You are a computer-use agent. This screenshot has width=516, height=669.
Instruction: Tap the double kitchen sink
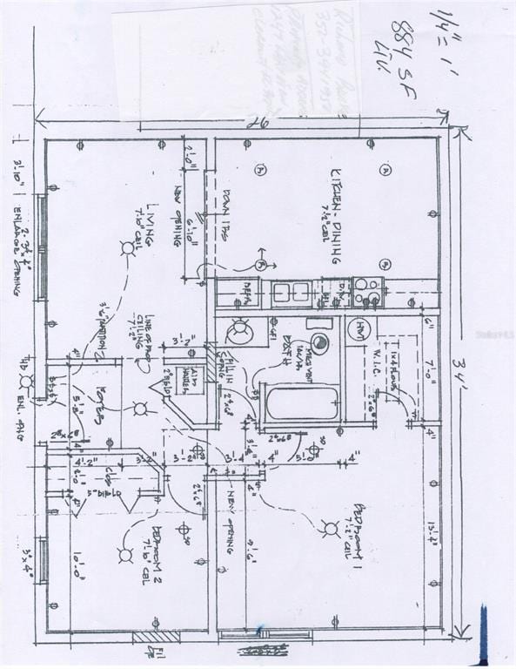(290, 293)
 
